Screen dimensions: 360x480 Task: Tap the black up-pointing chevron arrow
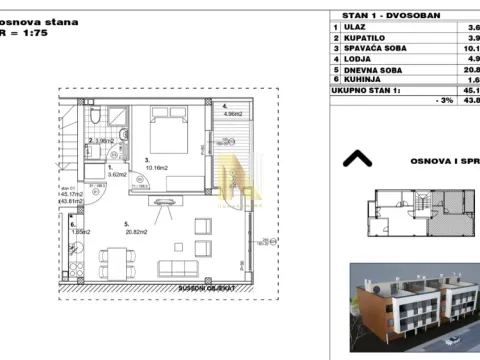coord(355,157)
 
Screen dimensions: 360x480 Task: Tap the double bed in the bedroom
coord(171,131)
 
